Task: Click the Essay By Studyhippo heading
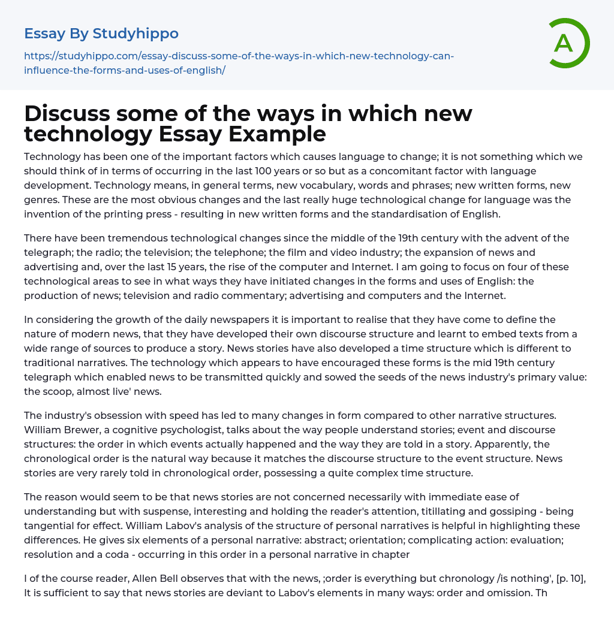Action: point(101,34)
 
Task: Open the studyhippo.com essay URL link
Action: point(239,63)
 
